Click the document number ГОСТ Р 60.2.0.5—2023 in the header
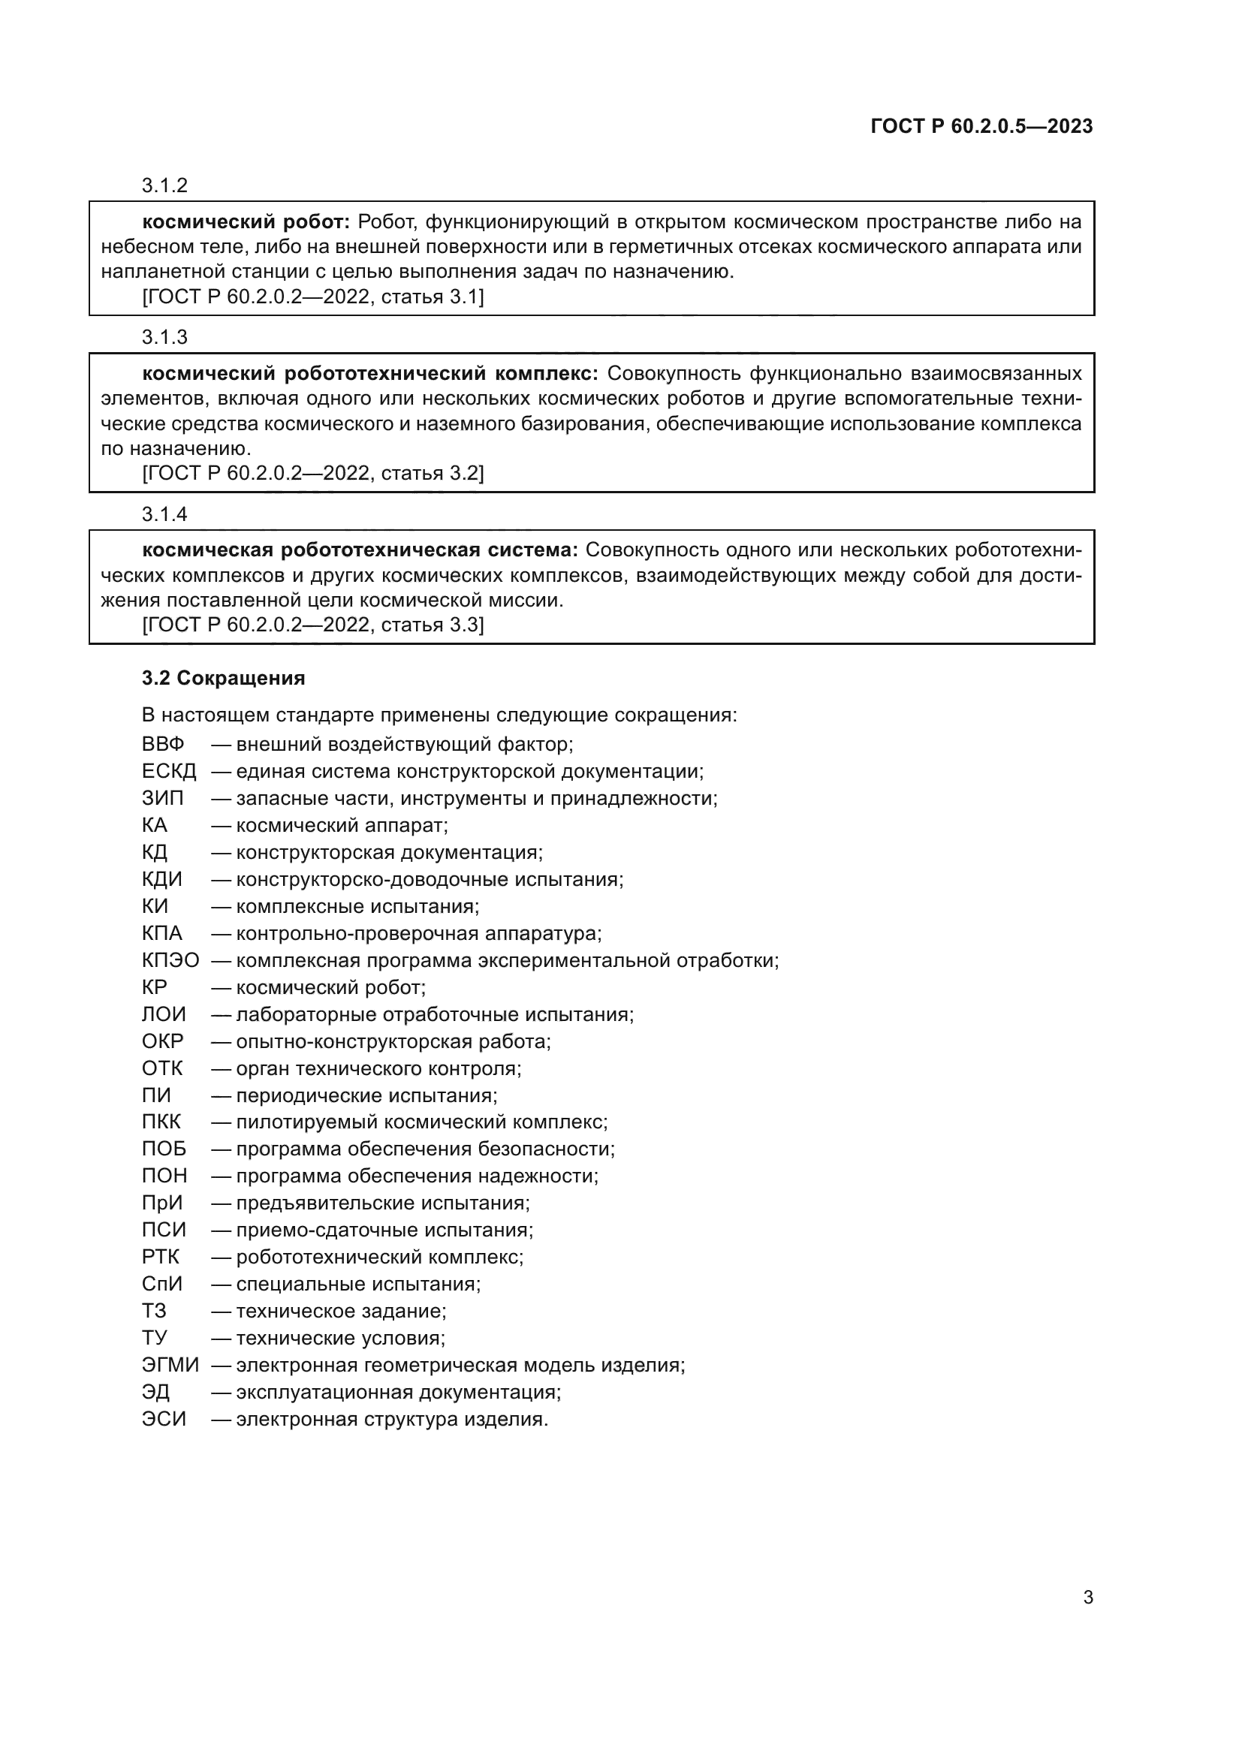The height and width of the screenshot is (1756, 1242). pos(981,126)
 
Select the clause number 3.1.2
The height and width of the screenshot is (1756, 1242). pos(164,185)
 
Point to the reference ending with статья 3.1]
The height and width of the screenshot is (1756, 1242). pos(313,297)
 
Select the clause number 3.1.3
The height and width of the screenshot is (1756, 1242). pos(164,337)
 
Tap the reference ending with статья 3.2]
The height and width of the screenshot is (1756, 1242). pos(313,474)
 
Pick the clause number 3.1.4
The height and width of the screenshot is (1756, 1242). pos(164,514)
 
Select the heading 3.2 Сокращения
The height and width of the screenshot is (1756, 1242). pos(223,679)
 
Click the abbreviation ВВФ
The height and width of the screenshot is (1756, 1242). pos(163,744)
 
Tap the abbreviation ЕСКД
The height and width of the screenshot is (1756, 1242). pos(169,771)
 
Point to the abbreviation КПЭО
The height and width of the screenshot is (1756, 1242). pos(170,960)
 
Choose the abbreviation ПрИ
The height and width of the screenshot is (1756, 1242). pos(162,1203)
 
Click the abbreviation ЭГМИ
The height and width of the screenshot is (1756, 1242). pos(170,1365)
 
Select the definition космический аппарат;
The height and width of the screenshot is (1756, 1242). pos(342,825)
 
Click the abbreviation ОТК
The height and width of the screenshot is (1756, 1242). pos(162,1068)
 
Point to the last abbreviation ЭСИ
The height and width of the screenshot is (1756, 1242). pos(164,1419)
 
